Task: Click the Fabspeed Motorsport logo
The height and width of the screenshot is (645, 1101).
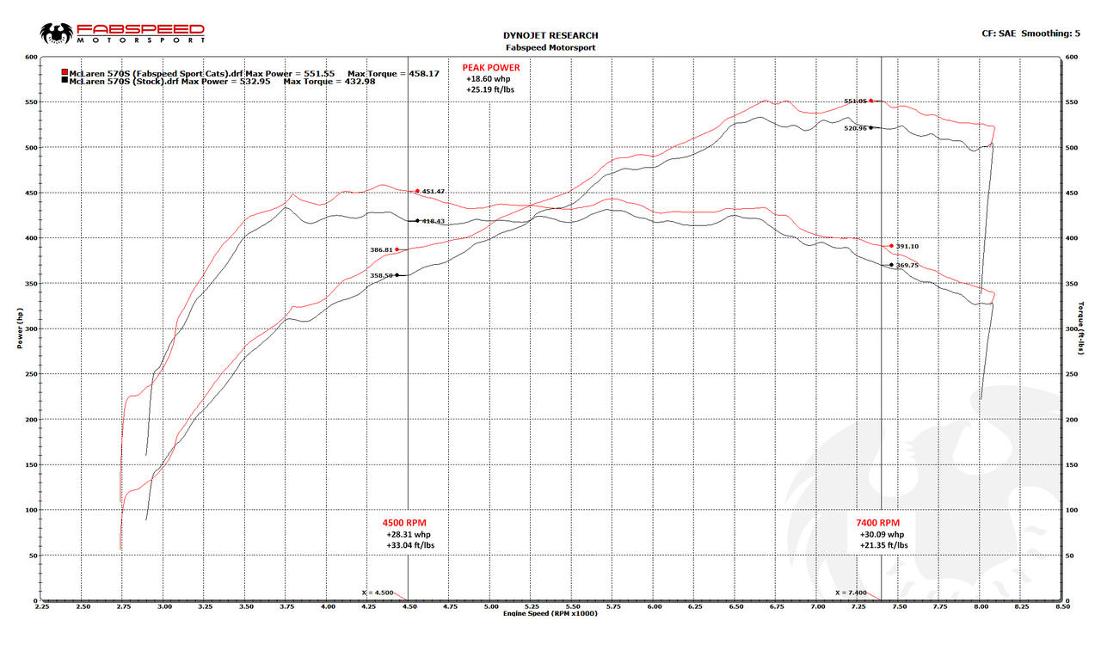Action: point(123,34)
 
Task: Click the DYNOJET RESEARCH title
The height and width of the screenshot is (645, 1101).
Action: point(550,35)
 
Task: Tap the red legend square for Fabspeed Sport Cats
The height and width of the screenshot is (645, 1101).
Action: point(65,73)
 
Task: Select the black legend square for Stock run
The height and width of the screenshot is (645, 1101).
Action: point(65,81)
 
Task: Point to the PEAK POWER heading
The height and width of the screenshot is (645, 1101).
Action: point(490,67)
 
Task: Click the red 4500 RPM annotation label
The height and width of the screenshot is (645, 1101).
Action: point(404,523)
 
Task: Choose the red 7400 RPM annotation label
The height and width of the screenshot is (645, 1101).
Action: point(878,523)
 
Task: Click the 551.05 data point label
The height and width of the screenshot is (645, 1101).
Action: point(855,101)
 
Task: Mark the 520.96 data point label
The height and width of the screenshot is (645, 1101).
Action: point(855,128)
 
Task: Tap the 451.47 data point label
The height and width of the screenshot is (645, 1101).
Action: point(433,192)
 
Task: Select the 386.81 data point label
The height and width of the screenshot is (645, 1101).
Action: point(381,250)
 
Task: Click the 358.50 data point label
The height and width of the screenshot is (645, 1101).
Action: point(381,275)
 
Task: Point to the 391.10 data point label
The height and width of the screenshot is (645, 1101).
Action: point(907,247)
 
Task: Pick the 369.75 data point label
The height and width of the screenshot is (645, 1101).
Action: point(907,266)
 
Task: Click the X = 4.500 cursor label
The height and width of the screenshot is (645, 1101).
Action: point(378,592)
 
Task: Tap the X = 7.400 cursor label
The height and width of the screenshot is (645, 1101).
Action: point(852,592)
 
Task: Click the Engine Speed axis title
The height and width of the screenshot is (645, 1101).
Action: point(550,613)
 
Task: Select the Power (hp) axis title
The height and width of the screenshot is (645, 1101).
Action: point(20,329)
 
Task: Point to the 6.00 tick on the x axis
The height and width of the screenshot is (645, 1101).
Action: point(654,606)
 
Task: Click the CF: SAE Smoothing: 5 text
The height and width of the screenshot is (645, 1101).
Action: point(1030,34)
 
